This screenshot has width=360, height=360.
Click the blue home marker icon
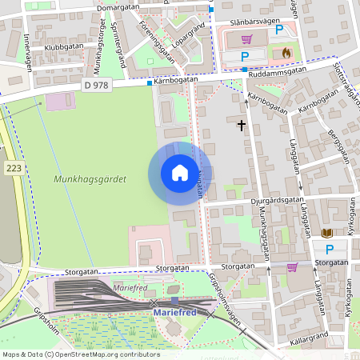(179, 173)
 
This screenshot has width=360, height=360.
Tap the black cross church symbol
(242, 125)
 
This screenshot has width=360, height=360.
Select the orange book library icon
(326, 233)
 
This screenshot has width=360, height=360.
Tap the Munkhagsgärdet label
(90, 181)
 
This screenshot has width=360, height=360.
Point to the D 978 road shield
(95, 85)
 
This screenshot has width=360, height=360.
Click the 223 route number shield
(13, 168)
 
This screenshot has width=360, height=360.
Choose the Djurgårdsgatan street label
(277, 199)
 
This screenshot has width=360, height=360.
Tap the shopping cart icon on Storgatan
(292, 267)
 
